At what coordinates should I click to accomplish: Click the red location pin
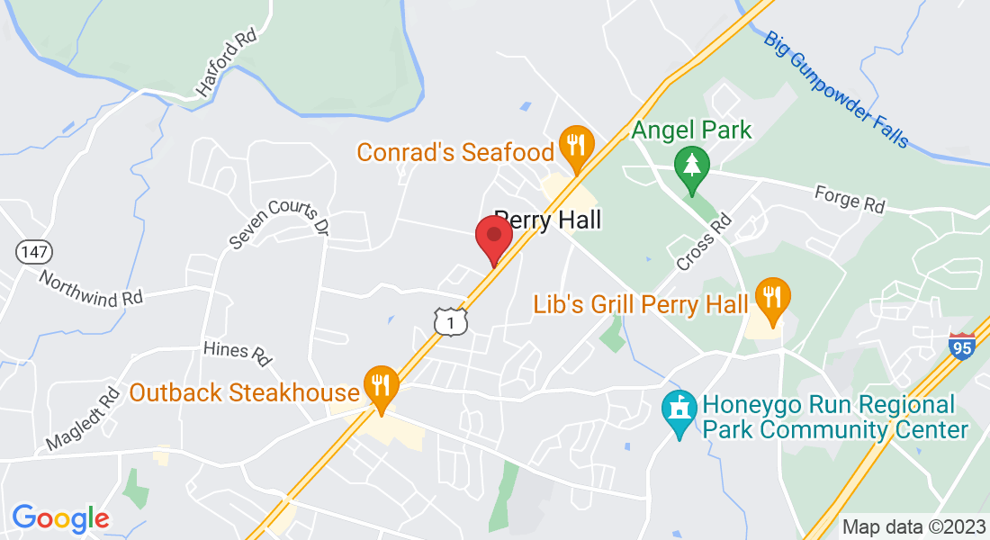point(493,236)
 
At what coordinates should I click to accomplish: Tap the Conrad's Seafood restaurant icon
point(573,145)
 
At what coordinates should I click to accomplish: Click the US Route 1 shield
point(450,321)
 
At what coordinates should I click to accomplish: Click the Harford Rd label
point(226,66)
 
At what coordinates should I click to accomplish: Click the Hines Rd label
point(238,352)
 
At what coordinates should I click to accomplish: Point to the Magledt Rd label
point(83,418)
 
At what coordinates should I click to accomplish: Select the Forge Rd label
point(849,198)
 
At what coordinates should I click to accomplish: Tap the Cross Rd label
point(704,240)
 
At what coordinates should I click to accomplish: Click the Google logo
point(60,518)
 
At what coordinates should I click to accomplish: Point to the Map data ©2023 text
point(913,526)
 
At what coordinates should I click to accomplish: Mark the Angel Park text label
point(691,129)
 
